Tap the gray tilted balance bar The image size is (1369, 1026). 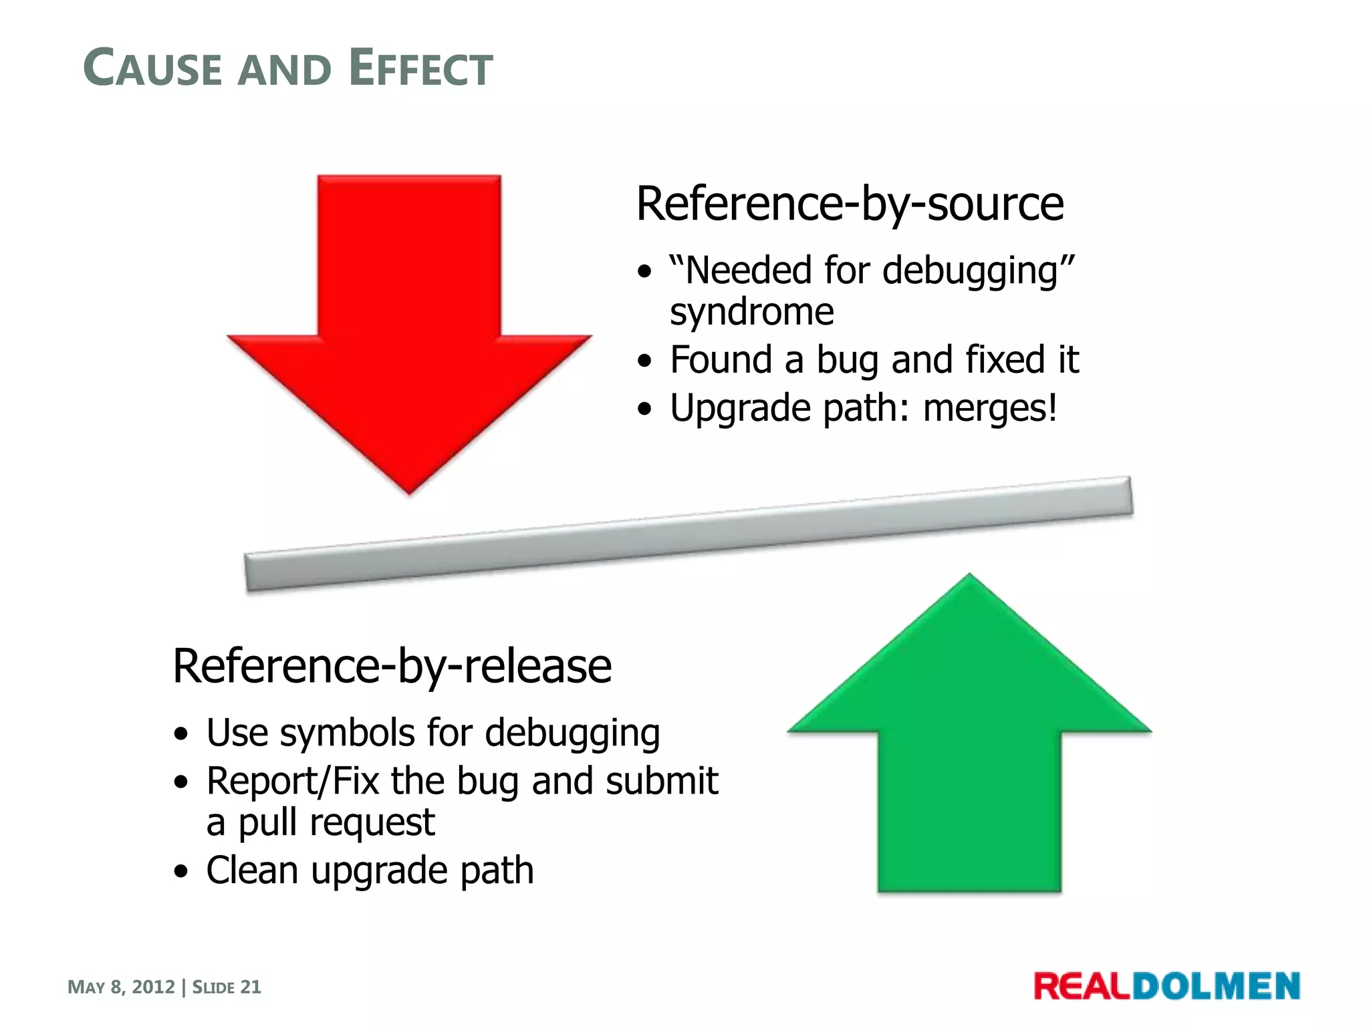689,534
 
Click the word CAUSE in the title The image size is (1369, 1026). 152,68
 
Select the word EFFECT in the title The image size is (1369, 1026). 420,68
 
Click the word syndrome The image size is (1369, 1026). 752,312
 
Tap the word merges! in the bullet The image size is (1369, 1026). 990,408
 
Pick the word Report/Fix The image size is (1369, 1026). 293,781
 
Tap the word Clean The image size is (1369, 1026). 252,870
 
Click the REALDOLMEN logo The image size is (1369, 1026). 1166,987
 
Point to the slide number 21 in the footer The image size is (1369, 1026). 251,987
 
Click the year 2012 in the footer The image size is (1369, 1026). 153,987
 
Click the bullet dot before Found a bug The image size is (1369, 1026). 644,361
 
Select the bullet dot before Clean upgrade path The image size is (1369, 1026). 180,872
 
